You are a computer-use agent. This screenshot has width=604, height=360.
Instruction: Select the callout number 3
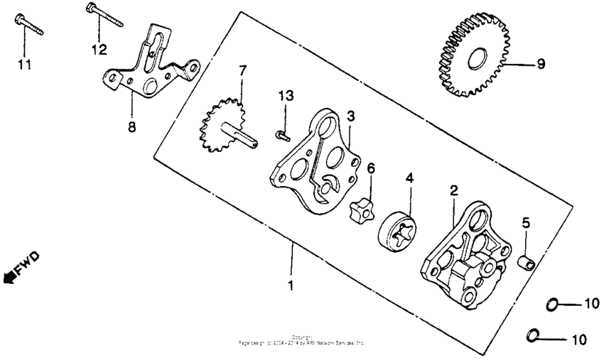coord(350,115)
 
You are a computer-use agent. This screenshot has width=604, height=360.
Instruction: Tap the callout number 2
coord(453,190)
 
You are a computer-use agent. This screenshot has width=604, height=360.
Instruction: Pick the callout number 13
coord(285,97)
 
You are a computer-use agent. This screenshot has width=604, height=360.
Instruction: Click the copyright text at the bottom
coord(302,341)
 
